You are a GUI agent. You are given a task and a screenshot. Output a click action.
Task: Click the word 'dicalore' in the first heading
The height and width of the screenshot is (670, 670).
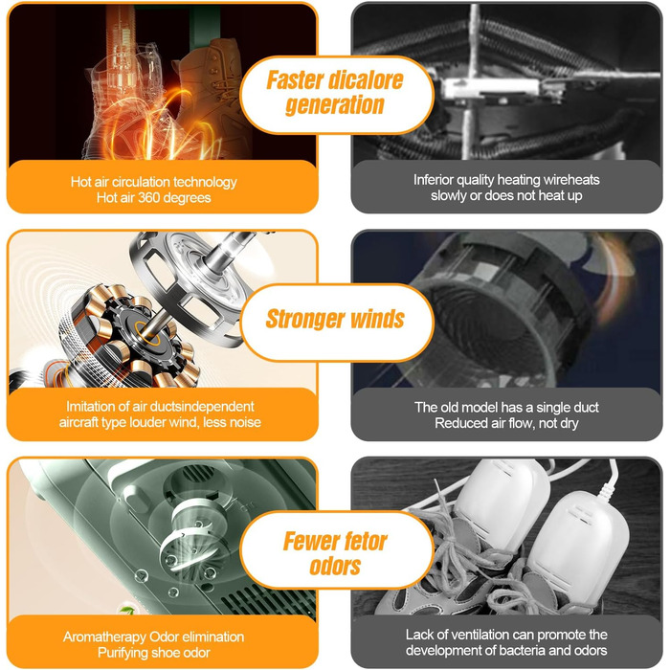click(x=367, y=79)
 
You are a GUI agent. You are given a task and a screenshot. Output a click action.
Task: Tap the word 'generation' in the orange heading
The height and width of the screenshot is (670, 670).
click(x=335, y=105)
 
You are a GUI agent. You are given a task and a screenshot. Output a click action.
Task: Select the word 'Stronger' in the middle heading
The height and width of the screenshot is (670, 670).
click(x=305, y=319)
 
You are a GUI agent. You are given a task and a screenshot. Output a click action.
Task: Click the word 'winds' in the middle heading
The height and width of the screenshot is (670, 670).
click(x=377, y=319)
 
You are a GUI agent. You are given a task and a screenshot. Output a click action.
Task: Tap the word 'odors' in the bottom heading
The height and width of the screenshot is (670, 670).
click(x=335, y=567)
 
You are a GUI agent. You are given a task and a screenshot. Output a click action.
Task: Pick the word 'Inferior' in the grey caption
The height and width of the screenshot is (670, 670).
click(x=431, y=180)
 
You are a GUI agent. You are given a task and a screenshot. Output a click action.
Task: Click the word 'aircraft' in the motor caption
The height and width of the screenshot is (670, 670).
click(x=78, y=422)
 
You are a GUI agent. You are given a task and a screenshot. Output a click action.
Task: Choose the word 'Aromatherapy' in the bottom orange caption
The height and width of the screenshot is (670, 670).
click(x=104, y=637)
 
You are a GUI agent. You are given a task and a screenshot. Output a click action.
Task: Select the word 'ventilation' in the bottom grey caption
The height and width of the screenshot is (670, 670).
click(x=480, y=635)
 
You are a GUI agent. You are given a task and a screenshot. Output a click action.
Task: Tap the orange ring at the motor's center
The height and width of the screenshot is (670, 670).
click(x=147, y=333)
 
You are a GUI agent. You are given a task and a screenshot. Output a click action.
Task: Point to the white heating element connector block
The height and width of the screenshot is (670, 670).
click(x=491, y=88)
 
